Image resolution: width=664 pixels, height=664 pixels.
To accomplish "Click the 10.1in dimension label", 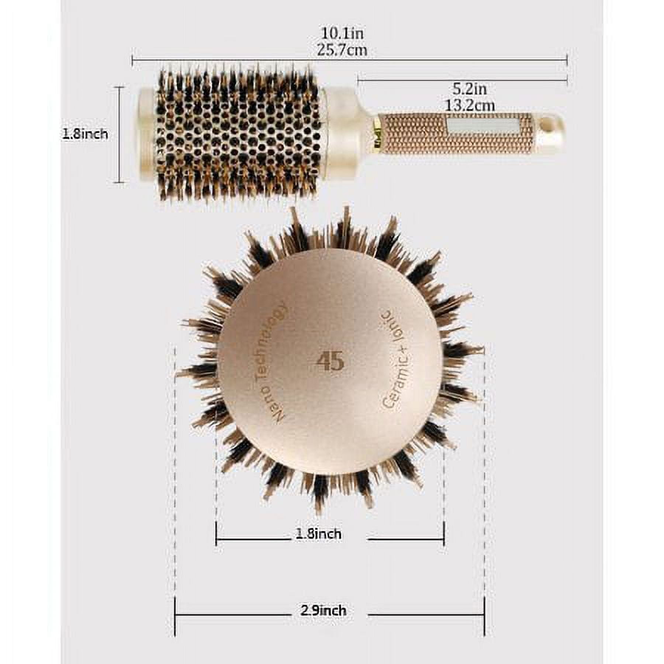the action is coord(342,34).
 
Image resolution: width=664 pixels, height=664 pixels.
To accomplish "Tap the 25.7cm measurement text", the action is coord(342,49).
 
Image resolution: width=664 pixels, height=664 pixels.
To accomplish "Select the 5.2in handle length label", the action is coord(470,89).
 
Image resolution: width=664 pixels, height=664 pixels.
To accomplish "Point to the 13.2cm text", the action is coord(469,106).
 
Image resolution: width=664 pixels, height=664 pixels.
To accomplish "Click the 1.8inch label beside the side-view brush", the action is coord(85,134).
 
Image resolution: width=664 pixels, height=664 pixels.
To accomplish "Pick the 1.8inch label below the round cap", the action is coord(319,534).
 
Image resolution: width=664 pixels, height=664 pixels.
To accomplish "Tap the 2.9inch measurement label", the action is coord(323,611).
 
